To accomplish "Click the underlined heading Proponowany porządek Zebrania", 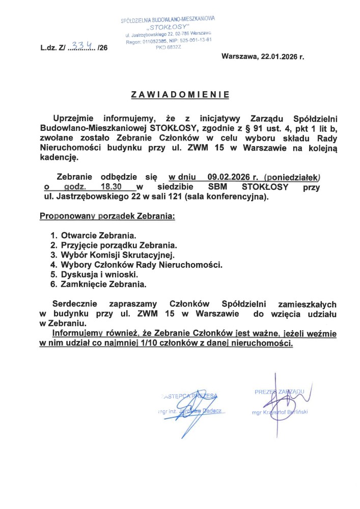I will tap(107, 216).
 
